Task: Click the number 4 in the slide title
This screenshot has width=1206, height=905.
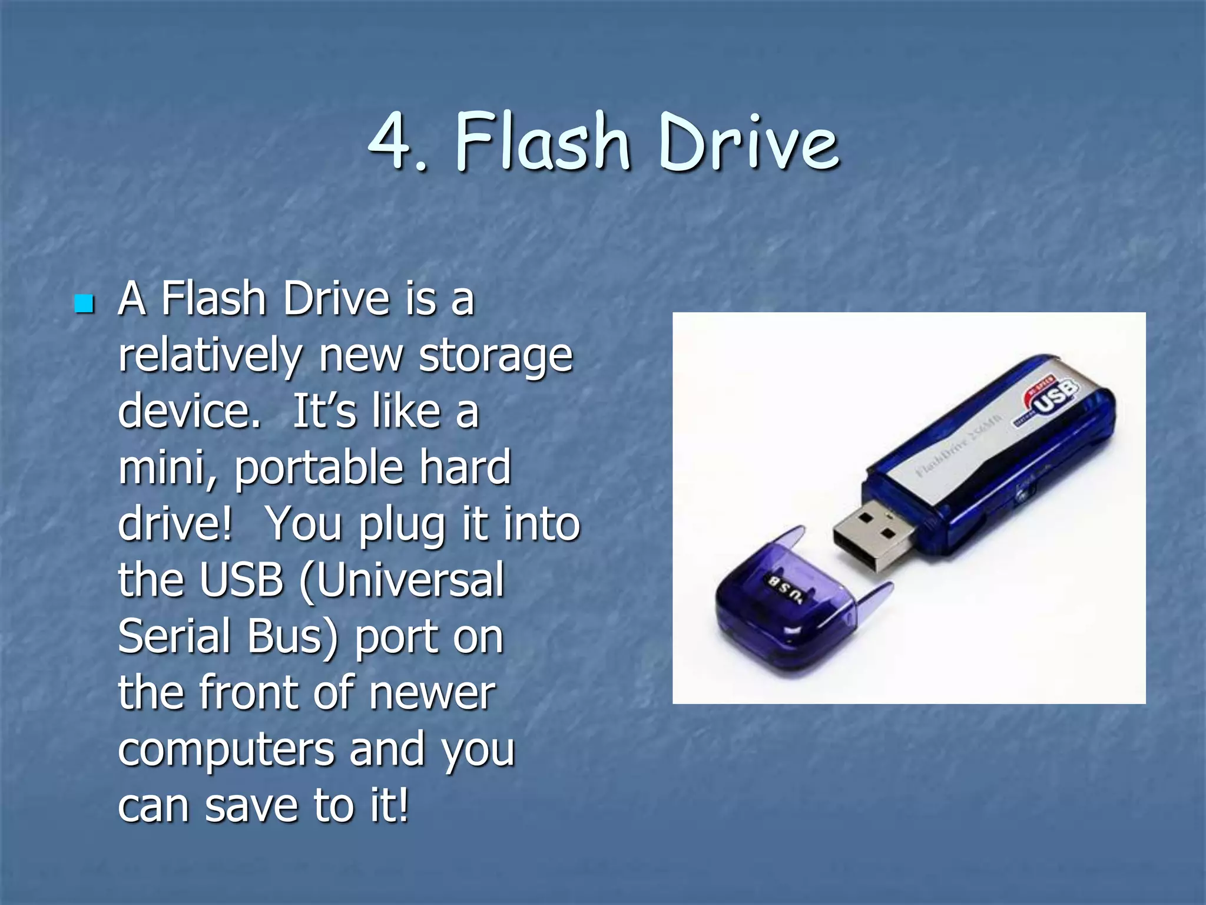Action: [390, 141]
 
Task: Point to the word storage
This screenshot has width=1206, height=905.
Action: [495, 357]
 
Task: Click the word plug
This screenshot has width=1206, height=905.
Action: [402, 524]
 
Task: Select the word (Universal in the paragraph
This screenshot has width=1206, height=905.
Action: [402, 580]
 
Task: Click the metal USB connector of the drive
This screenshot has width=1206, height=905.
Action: [873, 539]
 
